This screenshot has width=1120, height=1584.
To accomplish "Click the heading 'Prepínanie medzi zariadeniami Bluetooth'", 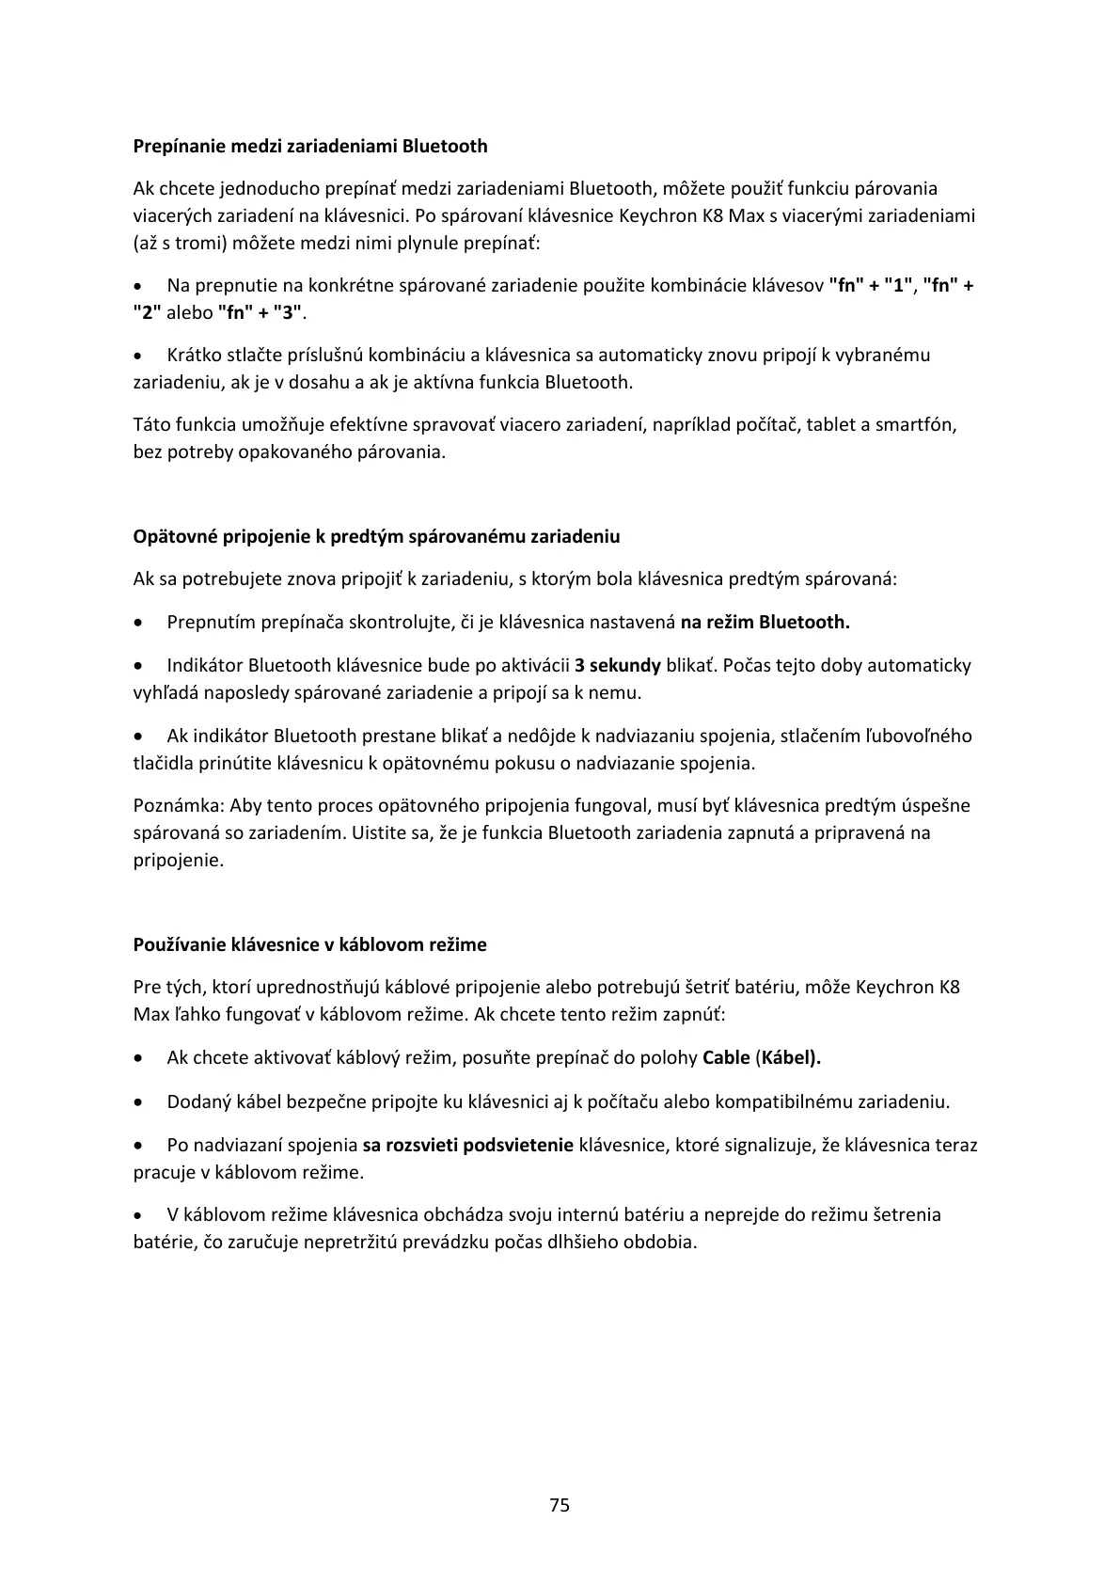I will coord(310,146).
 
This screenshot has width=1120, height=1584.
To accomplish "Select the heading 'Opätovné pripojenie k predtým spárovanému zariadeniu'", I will coord(376,537).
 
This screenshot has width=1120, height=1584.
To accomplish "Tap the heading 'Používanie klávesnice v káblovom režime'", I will coord(309,944).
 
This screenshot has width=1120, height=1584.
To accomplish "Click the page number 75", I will coord(560,1505).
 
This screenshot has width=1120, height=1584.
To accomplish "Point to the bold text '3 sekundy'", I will coord(618,666).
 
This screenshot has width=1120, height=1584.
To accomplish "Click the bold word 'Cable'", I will coord(726,1058).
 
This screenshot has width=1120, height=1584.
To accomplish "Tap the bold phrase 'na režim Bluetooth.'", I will coord(765,623).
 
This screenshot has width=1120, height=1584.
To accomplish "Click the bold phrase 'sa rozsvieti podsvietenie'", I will coord(467,1146).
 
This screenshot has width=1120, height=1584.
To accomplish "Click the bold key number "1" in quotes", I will coord(898,286).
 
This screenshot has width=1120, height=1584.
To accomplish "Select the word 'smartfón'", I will coord(915,425).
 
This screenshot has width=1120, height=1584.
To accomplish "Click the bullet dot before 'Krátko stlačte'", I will coord(139,356).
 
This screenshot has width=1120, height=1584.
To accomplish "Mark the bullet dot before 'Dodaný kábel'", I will coord(139,1102).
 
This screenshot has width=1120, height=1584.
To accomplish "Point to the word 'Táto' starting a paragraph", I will coord(151,425).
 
